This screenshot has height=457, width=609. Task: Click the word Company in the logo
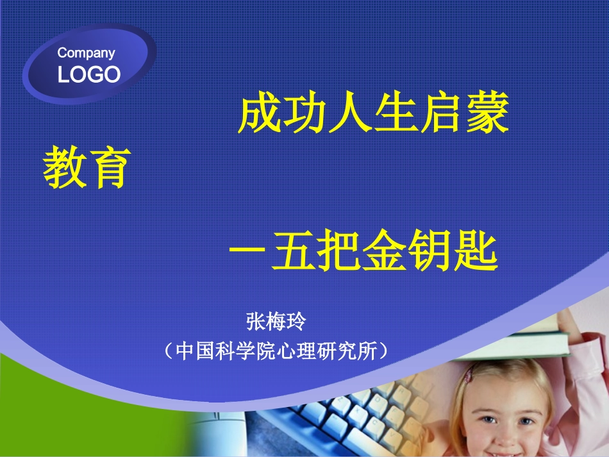(x=87, y=53)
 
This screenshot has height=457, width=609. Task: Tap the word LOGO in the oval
(x=89, y=74)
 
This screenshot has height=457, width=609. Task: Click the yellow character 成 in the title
(x=260, y=113)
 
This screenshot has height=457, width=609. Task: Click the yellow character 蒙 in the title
(x=488, y=113)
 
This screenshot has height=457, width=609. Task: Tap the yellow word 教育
(x=87, y=167)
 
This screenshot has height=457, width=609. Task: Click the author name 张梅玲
(x=276, y=322)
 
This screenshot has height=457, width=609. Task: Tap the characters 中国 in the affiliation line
(x=195, y=351)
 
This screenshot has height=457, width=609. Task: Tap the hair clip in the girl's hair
(x=469, y=374)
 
